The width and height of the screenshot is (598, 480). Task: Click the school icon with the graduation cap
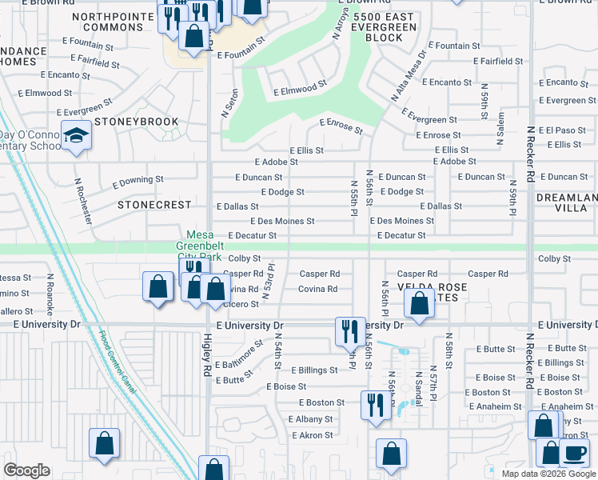(77, 137)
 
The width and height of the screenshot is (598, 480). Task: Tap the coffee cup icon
(573, 452)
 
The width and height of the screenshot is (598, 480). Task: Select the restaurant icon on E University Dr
(349, 330)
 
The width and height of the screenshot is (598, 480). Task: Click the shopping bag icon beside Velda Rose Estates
(419, 303)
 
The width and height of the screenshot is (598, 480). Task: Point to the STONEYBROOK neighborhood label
(135, 122)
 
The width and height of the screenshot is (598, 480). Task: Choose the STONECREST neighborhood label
(157, 204)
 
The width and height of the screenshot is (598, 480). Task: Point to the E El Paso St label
(563, 130)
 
